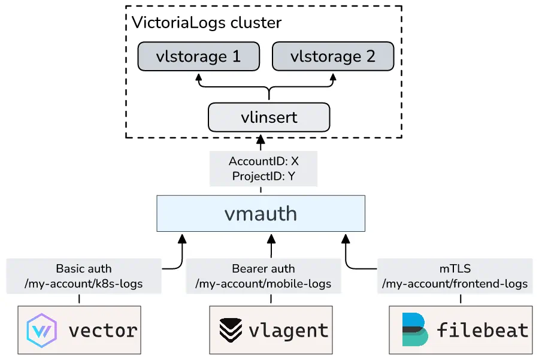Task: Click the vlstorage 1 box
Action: tap(198, 56)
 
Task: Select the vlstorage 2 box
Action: tap(333, 56)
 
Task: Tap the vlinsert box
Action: tap(269, 117)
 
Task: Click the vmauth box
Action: tap(261, 214)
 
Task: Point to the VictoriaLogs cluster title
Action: tap(206, 23)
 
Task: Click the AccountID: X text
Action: tap(264, 161)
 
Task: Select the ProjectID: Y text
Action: tap(264, 176)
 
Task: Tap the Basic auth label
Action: tap(84, 269)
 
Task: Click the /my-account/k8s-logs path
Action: tap(84, 283)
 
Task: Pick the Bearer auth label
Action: tap(264, 269)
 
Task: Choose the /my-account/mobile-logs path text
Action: tap(264, 283)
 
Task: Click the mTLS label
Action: tap(455, 269)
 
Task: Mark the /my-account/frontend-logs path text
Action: tap(455, 283)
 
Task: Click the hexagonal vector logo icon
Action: tap(41, 329)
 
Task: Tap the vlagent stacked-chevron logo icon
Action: tap(230, 329)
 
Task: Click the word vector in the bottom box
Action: tap(103, 329)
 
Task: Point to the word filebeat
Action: tap(483, 329)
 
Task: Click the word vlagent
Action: tap(289, 329)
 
